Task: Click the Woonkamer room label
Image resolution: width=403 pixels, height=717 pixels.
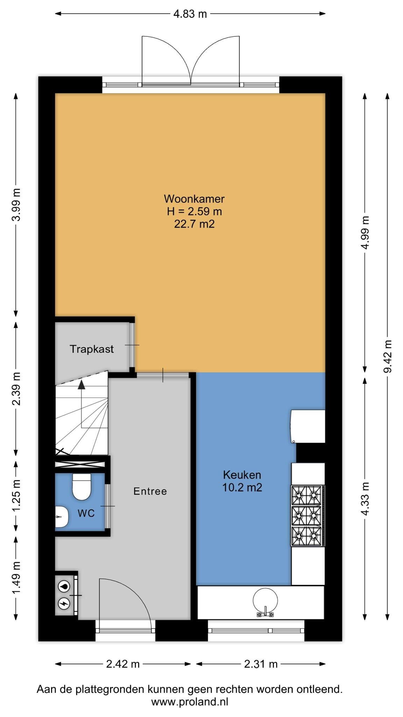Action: click(x=194, y=199)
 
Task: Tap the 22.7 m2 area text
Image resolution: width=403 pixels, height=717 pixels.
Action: click(x=194, y=224)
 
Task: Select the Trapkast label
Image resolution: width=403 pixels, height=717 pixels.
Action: click(x=92, y=349)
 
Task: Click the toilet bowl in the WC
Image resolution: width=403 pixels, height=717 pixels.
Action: click(x=82, y=487)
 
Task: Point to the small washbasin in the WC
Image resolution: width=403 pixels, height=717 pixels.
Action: click(x=62, y=516)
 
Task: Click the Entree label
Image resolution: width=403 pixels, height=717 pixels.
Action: click(x=150, y=491)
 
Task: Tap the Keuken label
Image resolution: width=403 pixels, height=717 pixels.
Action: click(x=242, y=475)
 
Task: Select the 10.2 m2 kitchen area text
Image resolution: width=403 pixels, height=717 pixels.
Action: click(x=242, y=487)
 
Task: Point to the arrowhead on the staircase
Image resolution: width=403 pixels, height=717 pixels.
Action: click(x=81, y=384)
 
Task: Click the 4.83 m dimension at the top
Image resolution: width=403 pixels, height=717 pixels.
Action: click(x=190, y=14)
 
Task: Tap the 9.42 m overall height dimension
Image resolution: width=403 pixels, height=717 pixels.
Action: click(x=387, y=356)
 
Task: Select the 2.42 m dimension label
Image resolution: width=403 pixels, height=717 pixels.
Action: click(x=123, y=664)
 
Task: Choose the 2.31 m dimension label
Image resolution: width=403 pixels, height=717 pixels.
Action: click(x=261, y=664)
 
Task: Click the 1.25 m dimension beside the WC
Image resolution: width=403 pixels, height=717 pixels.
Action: click(x=16, y=495)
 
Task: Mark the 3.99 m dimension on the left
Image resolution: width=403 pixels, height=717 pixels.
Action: click(x=16, y=205)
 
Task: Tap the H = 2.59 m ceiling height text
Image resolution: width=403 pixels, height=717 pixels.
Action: click(x=194, y=211)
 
